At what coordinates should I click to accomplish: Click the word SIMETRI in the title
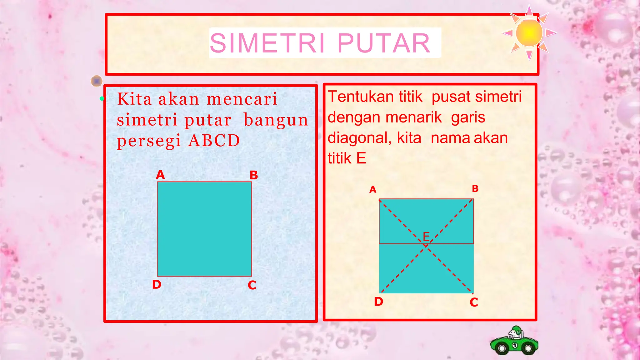click(267, 43)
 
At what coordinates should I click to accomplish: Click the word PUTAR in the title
click(384, 43)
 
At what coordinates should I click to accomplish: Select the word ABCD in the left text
click(214, 141)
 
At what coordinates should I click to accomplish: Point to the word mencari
click(242, 99)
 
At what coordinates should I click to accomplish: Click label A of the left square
click(160, 175)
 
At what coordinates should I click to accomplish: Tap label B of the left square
click(253, 175)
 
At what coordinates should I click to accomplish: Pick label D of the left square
click(157, 285)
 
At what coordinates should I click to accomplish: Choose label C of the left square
click(252, 285)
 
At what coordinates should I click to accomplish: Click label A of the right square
click(373, 190)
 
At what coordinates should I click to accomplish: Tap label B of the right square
click(475, 189)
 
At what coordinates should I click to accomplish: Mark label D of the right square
click(378, 302)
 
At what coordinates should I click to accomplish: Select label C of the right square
click(474, 302)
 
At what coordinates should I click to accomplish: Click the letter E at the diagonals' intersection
click(426, 237)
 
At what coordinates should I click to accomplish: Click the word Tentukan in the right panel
click(361, 97)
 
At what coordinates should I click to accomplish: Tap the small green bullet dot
click(102, 99)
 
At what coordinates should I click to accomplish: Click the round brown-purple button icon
click(97, 81)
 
